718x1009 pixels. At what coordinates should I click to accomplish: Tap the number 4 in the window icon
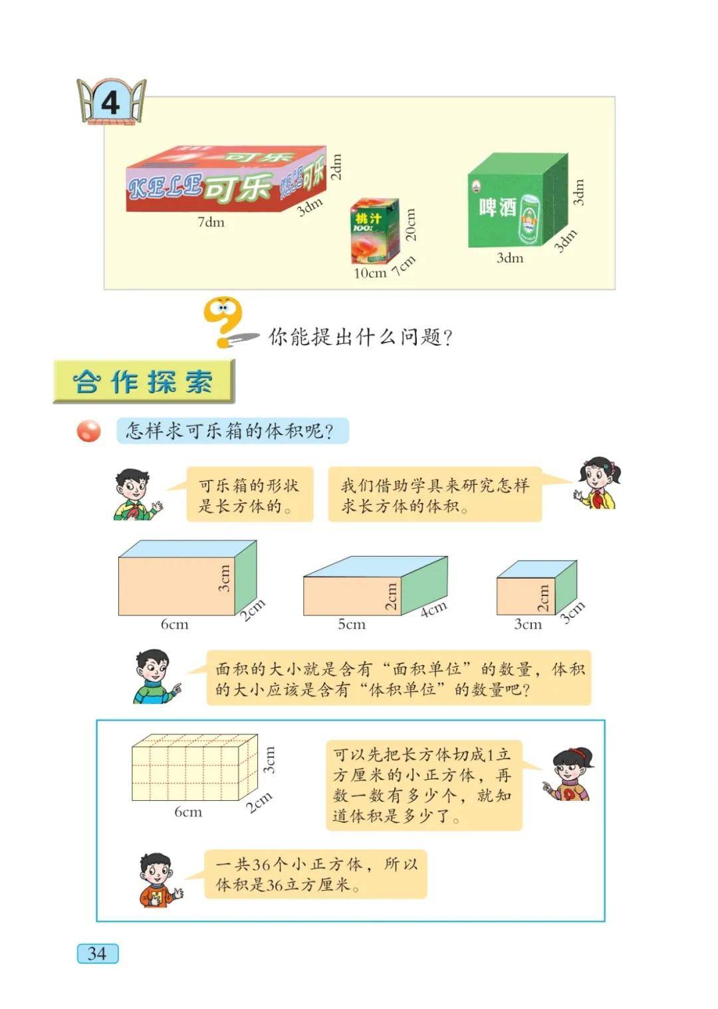click(110, 102)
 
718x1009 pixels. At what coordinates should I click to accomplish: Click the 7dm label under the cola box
click(211, 222)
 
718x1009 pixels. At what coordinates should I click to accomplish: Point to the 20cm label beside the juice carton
click(411, 224)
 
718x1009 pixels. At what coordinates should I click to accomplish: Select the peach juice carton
click(375, 231)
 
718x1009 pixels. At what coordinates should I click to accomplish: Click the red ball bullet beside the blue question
click(88, 431)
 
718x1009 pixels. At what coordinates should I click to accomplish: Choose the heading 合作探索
click(143, 382)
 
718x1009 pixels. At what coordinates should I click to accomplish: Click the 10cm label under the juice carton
click(370, 273)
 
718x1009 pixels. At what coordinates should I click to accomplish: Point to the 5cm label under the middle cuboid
click(352, 625)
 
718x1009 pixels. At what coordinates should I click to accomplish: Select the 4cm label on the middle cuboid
click(434, 609)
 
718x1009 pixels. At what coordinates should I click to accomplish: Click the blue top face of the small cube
click(537, 569)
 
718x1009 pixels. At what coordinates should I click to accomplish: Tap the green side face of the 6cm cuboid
click(246, 577)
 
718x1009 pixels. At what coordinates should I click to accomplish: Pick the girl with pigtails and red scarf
click(597, 484)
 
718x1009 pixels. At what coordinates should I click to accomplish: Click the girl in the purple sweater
click(568, 774)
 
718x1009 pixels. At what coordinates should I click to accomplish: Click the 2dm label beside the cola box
click(336, 167)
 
